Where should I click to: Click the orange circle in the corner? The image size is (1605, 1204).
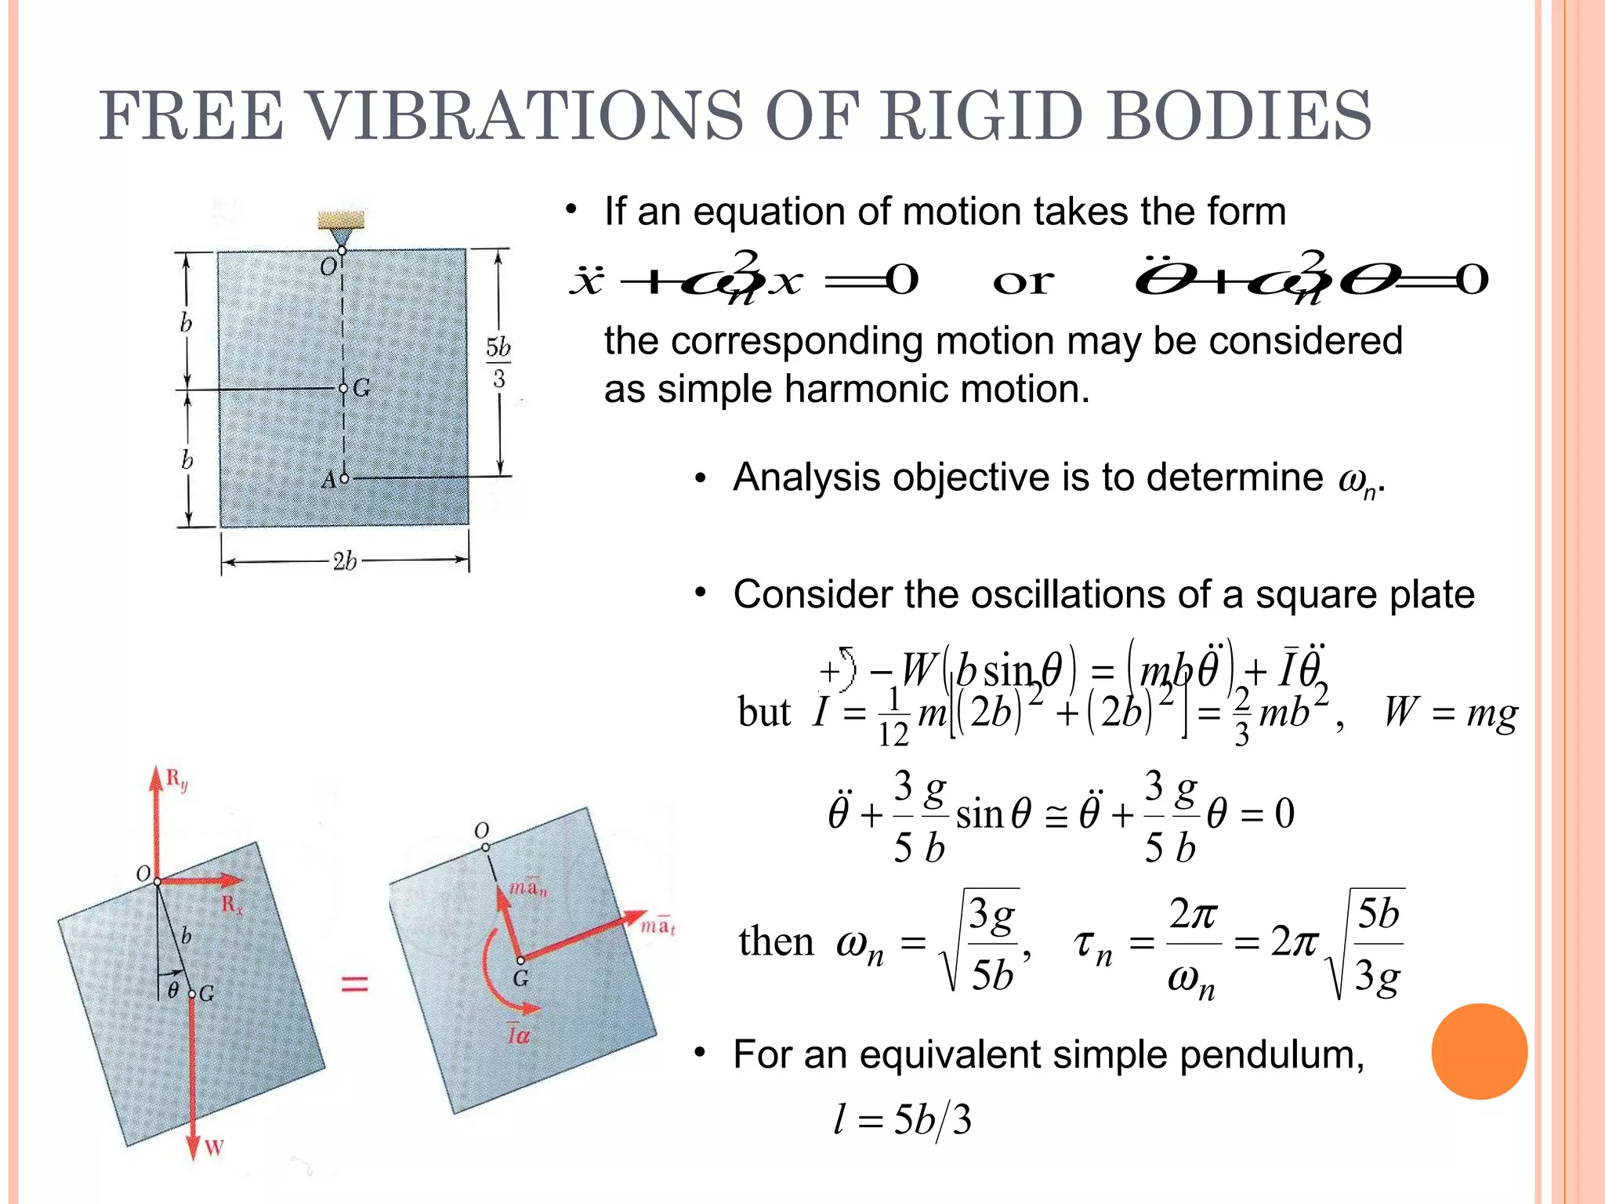pyautogui.click(x=1479, y=1051)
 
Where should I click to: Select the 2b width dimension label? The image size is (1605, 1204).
pyautogui.click(x=344, y=561)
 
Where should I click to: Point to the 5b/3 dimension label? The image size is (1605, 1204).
pyautogui.click(x=498, y=363)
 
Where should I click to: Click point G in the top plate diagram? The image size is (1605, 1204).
pyautogui.click(x=343, y=388)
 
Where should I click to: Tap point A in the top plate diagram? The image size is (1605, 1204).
pyautogui.click(x=343, y=478)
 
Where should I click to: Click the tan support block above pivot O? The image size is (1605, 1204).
pyautogui.click(x=341, y=219)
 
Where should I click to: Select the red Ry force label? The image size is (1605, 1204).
pyautogui.click(x=177, y=780)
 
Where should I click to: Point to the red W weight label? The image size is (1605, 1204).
pyautogui.click(x=214, y=1148)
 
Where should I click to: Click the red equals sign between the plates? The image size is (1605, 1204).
pyautogui.click(x=354, y=984)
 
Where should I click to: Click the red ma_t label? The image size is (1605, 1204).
pyautogui.click(x=657, y=927)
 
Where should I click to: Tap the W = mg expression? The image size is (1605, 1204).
pyautogui.click(x=1450, y=713)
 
